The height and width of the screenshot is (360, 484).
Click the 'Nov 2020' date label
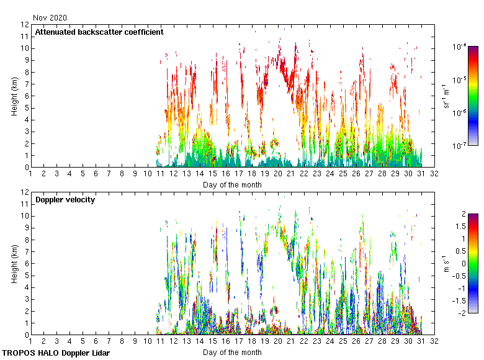pyautogui.click(x=50, y=18)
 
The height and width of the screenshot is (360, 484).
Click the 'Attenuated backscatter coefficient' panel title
pyautogui.click(x=99, y=32)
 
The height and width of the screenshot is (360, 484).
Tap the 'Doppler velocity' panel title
pyautogui.click(x=65, y=199)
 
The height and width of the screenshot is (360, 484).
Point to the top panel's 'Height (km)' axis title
pyautogui.click(x=14, y=96)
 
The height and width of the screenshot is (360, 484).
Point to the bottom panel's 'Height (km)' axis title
pyautogui.click(x=14, y=263)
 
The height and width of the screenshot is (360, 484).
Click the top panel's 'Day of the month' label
pyautogui.click(x=232, y=184)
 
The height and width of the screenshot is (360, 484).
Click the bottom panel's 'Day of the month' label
pyautogui.click(x=232, y=352)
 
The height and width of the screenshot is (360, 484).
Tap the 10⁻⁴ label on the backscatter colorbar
pyautogui.click(x=460, y=47)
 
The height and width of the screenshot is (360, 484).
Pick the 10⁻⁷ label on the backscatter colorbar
pyautogui.click(x=460, y=146)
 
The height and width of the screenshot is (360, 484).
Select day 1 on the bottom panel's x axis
pyautogui.click(x=30, y=341)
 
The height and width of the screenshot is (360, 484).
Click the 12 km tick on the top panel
pyautogui.click(x=25, y=25)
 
